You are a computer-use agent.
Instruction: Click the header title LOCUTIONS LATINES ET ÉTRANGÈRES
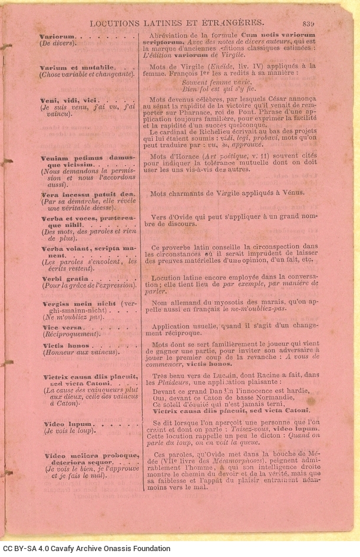click(190, 24)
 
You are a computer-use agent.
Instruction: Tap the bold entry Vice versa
click(62, 327)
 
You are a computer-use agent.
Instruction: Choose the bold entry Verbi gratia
click(64, 278)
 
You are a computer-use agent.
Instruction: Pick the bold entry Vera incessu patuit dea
click(87, 193)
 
